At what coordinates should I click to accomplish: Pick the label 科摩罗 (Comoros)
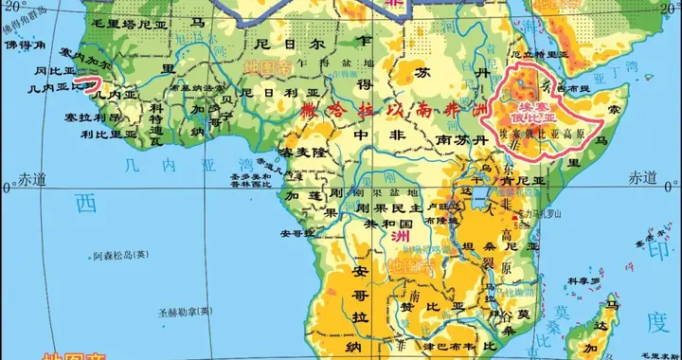click(584, 282)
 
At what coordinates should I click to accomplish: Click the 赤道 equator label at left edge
click(31, 177)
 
